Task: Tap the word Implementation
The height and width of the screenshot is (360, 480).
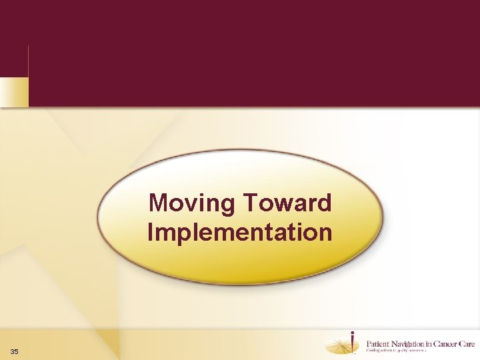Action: point(240,233)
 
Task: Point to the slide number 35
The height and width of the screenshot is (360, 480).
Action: point(15,351)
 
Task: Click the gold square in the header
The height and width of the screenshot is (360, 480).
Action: point(14,91)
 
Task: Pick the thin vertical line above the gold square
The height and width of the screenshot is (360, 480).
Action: point(28,61)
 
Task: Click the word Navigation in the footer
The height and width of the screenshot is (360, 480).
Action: point(408,343)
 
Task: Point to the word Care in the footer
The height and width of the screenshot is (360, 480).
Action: point(465,343)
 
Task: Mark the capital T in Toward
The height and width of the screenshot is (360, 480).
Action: point(251,202)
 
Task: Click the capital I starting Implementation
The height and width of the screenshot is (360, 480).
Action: point(151,233)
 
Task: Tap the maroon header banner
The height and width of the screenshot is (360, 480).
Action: point(253,53)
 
